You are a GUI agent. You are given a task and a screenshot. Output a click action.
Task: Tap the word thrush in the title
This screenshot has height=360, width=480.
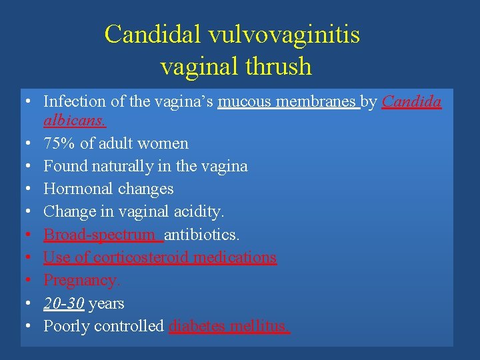point(278,66)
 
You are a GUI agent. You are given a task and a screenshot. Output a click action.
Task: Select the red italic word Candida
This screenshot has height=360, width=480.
point(412,101)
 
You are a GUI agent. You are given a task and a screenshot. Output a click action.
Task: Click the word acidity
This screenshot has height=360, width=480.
point(199,211)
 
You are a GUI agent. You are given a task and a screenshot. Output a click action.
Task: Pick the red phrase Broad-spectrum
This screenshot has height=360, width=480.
point(103,235)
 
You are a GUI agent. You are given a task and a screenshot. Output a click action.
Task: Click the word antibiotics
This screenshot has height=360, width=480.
point(202,235)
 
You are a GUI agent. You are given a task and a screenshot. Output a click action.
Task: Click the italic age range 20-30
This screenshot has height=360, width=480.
point(64,303)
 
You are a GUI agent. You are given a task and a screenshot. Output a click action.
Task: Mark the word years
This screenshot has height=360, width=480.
point(106,303)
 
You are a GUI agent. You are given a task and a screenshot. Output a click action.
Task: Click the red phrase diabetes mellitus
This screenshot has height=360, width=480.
point(229,326)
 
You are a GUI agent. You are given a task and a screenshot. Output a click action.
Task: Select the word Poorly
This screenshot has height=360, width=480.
point(66,326)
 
